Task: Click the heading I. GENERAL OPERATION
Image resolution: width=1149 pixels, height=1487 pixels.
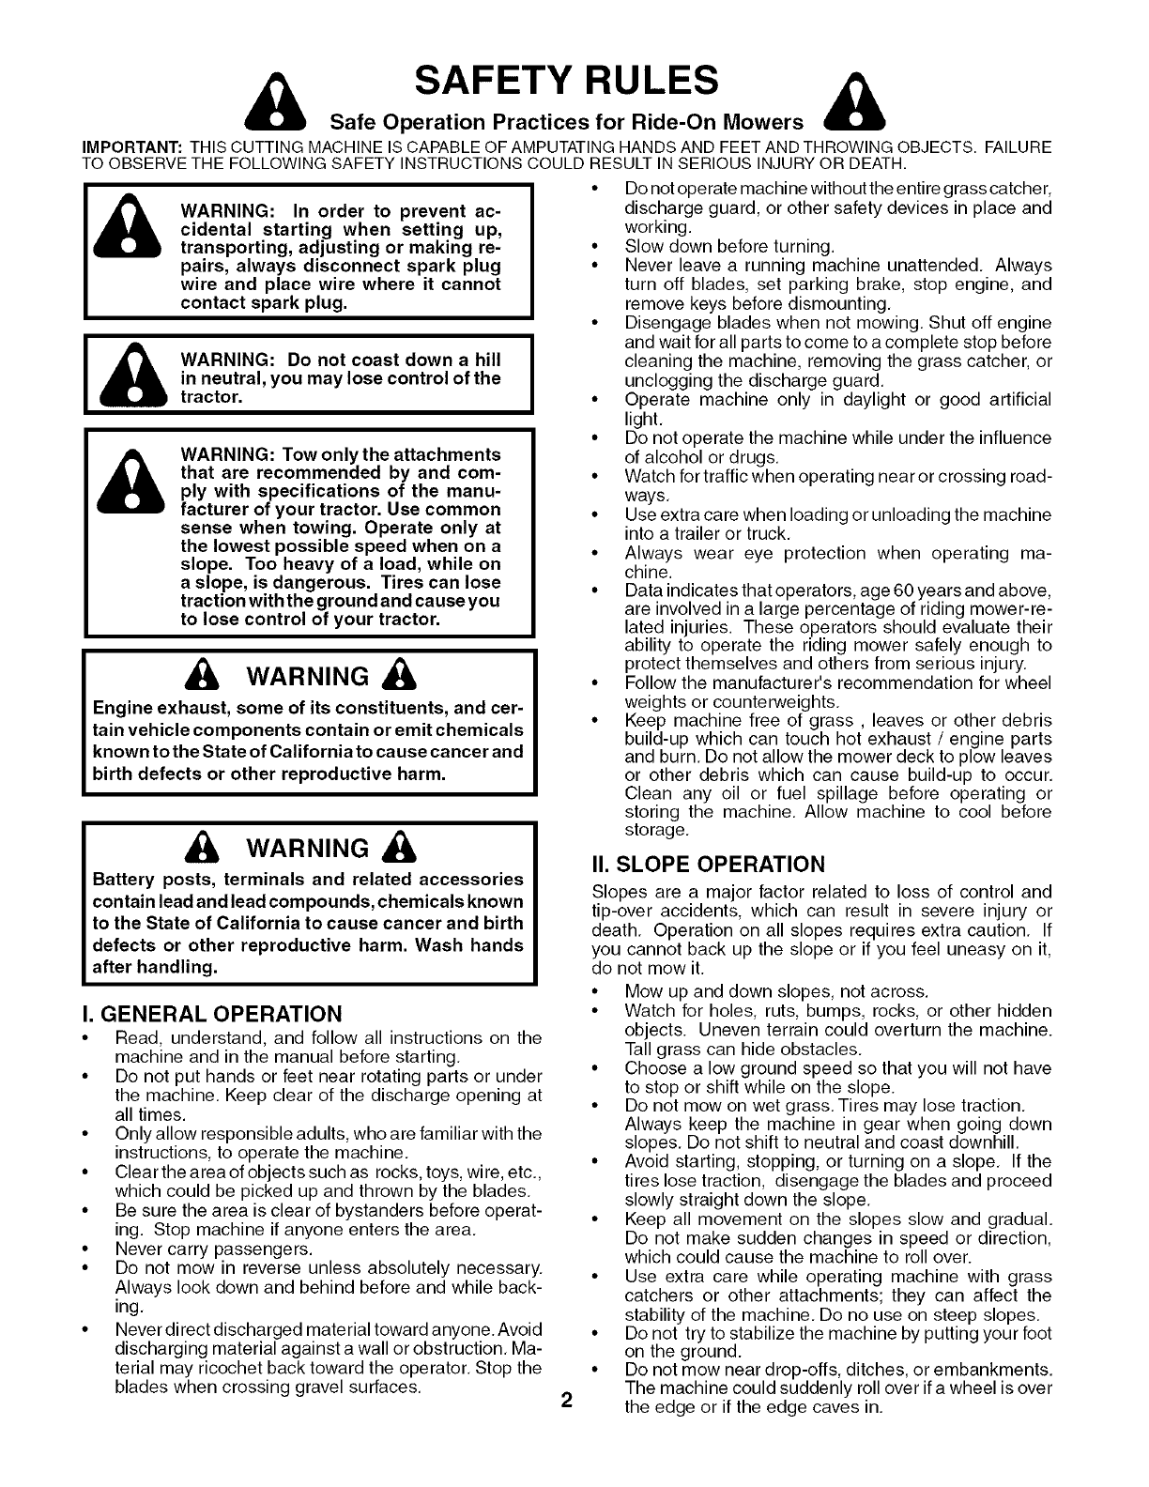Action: pos(213,1014)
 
